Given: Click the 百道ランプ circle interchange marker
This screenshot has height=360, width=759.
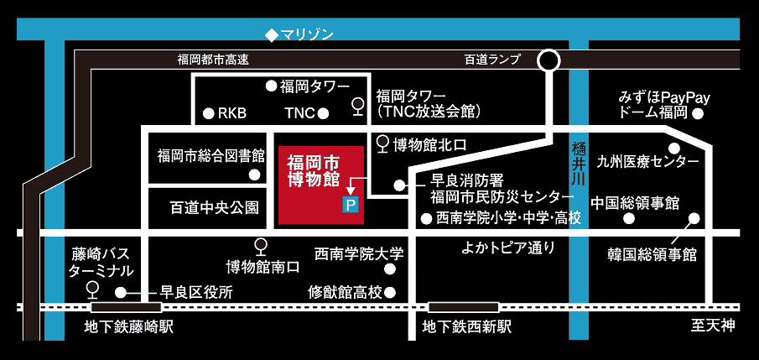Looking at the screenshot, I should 548,60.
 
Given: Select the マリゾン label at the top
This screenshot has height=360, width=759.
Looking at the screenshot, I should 299,34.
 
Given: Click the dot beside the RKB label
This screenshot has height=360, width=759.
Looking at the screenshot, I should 209,112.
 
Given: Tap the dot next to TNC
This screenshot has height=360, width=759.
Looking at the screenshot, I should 324,112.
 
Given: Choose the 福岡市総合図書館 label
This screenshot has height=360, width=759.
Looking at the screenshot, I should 211,155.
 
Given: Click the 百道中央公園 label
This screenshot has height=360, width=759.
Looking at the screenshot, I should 214,206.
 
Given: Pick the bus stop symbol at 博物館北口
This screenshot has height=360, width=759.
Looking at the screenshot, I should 383,143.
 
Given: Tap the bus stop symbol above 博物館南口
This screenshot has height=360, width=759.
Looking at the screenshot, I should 261,246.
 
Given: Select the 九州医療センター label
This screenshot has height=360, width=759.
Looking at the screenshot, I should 647,161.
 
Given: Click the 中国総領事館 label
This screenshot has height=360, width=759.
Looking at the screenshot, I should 635,203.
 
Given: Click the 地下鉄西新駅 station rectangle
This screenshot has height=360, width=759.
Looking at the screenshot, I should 458,307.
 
